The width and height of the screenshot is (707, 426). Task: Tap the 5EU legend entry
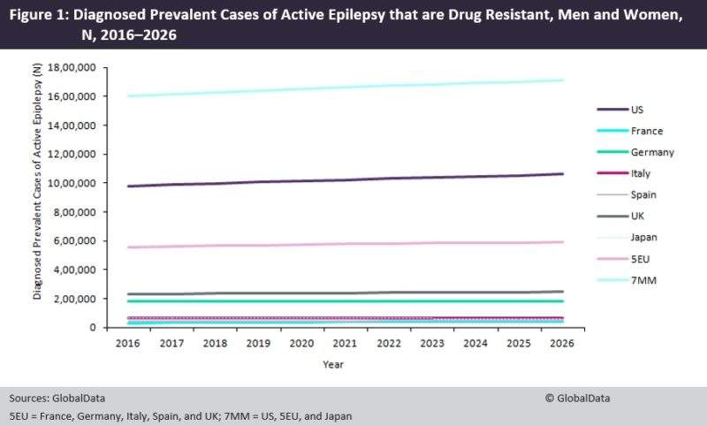coord(640,260)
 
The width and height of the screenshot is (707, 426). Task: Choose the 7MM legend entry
coord(642,281)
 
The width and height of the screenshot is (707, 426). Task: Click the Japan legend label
coord(643,238)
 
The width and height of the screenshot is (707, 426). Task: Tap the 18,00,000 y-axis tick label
coord(75,67)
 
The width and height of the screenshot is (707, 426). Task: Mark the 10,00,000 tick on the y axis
coord(75,183)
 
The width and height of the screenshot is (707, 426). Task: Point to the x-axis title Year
coord(334,363)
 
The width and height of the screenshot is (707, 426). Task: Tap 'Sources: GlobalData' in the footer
coord(52,398)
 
